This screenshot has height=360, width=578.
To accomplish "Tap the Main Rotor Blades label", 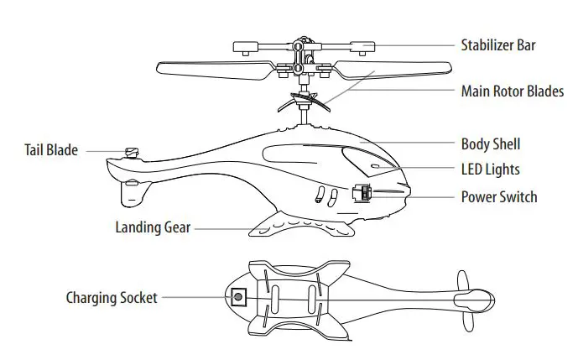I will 512,91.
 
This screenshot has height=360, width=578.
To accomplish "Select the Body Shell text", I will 495,144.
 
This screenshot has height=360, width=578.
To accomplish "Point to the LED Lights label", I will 490,170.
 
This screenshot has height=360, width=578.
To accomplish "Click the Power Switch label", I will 499,197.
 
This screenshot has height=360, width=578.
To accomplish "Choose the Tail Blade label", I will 50,150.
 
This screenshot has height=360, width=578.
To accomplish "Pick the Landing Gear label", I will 153,227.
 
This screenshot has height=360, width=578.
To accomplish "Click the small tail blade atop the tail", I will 131,152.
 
